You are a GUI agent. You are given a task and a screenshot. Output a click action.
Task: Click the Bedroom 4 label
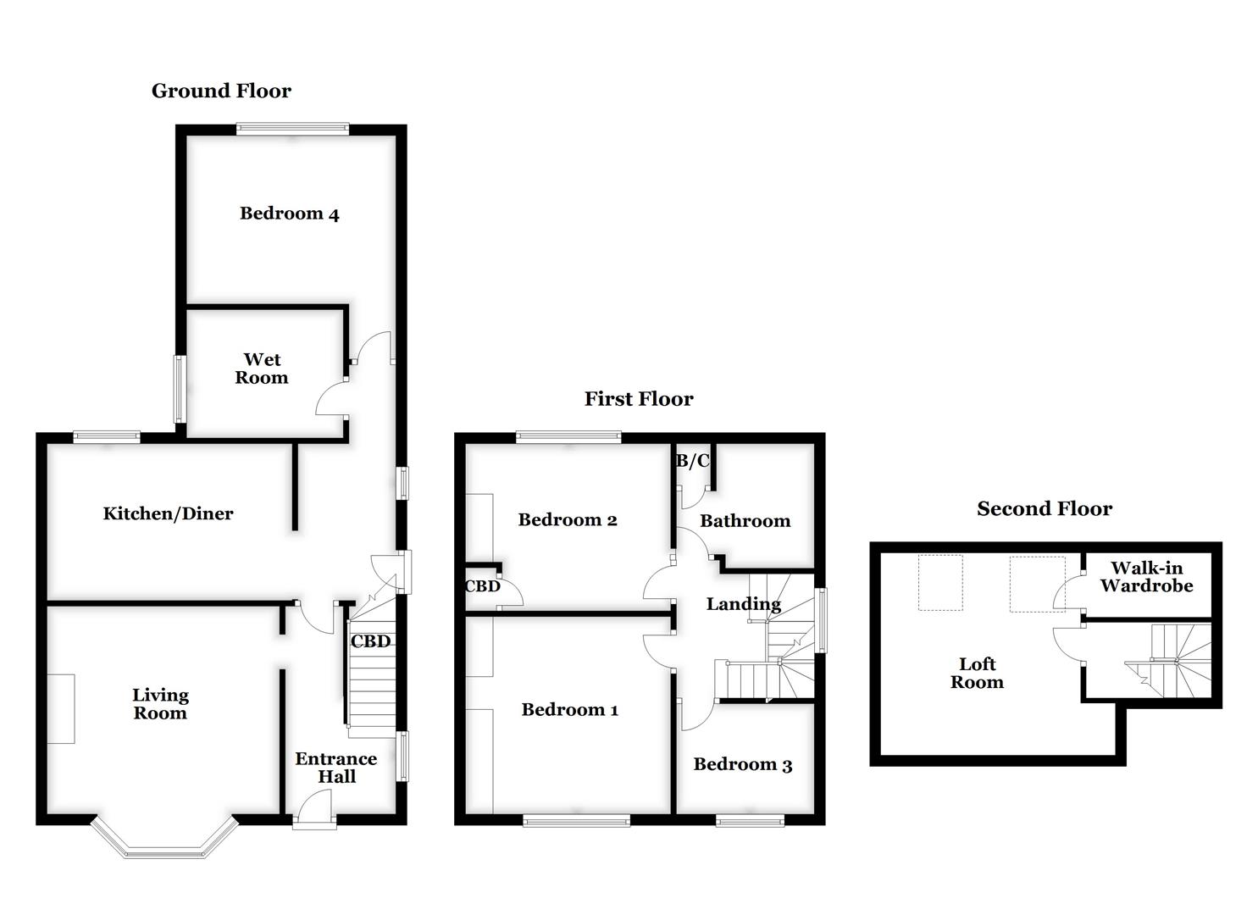[289, 213]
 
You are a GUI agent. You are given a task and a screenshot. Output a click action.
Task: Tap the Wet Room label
[261, 369]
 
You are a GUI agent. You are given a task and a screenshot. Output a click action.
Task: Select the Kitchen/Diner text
[168, 513]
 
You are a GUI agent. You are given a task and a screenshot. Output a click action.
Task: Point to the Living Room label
[160, 704]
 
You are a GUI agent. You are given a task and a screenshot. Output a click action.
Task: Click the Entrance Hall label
[336, 768]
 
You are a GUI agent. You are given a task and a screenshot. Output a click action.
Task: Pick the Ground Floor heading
[221, 91]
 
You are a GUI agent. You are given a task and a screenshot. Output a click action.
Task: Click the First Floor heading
[639, 399]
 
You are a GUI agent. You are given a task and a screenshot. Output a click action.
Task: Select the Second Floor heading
[1044, 508]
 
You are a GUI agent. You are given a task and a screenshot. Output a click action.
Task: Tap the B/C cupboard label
[692, 462]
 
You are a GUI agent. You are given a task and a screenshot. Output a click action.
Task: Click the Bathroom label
[745, 521]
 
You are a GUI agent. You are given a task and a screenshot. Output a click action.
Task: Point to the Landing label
[743, 604]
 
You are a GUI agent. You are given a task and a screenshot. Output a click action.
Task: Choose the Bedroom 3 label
[742, 765]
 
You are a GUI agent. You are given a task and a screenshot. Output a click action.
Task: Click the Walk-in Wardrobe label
[1146, 577]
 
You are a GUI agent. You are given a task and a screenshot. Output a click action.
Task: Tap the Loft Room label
[977, 674]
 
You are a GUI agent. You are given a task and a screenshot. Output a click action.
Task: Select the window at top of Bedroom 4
[292, 130]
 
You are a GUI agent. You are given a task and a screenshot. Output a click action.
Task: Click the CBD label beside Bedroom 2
[482, 586]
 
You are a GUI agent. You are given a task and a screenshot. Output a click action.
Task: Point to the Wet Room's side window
[180, 389]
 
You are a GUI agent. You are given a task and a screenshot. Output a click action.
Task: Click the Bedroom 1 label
[569, 710]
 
